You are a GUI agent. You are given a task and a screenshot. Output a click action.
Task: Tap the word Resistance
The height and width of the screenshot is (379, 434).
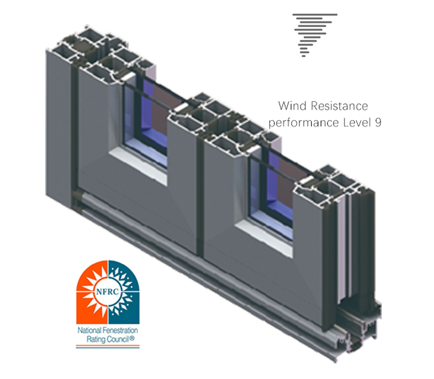(339, 106)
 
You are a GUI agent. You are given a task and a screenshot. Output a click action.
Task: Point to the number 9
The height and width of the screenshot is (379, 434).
(378, 123)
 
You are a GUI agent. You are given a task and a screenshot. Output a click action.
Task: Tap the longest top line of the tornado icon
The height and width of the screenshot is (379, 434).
(315, 14)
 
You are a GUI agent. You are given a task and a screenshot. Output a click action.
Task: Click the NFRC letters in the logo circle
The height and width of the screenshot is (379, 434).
(107, 292)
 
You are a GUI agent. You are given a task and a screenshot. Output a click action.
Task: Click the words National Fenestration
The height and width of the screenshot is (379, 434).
(108, 331)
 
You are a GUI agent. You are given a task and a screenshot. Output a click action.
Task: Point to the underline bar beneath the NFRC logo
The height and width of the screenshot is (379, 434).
(108, 346)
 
